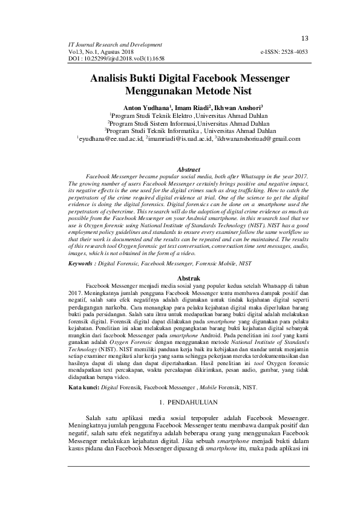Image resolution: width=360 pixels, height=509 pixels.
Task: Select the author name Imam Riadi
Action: pyautogui.click(x=183, y=108)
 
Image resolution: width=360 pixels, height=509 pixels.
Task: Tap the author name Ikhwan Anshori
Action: pyautogui.click(x=226, y=108)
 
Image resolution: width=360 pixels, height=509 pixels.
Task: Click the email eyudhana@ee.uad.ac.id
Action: pyautogui.click(x=110, y=139)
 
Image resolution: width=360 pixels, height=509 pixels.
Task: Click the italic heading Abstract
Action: pyautogui.click(x=187, y=170)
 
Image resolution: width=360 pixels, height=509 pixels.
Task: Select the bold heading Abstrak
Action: pyautogui.click(x=187, y=277)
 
